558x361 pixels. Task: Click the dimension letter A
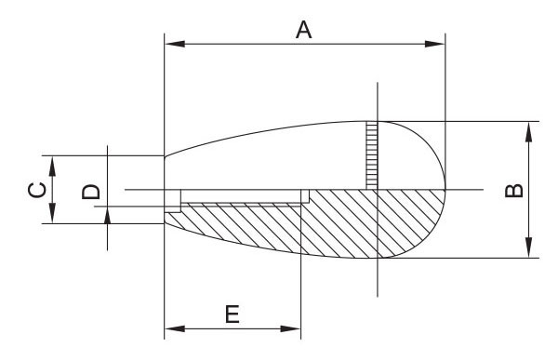click(303, 30)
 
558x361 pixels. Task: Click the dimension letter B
click(514, 191)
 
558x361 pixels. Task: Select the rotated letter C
click(37, 190)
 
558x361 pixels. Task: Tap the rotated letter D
click(91, 191)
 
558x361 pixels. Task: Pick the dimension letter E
click(232, 314)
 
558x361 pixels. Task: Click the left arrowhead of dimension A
click(175, 44)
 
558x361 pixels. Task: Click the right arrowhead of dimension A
click(435, 44)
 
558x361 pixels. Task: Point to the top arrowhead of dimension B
click(528, 132)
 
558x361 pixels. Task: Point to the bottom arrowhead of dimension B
click(528, 247)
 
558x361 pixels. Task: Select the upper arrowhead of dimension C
click(52, 167)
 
